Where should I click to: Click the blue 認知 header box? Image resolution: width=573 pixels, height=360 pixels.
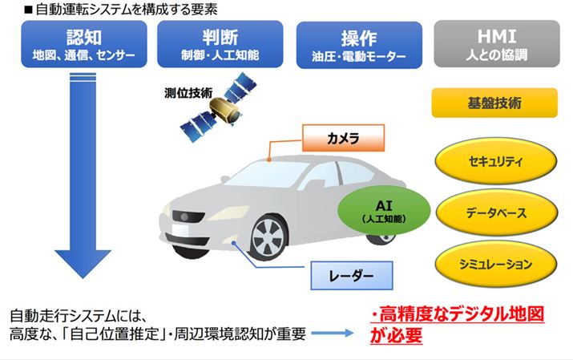click(85, 45)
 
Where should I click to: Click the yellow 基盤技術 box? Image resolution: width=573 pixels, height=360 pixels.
click(494, 103)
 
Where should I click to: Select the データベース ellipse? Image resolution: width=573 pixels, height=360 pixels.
click(494, 213)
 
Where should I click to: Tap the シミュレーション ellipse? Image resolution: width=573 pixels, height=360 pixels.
click(494, 264)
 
